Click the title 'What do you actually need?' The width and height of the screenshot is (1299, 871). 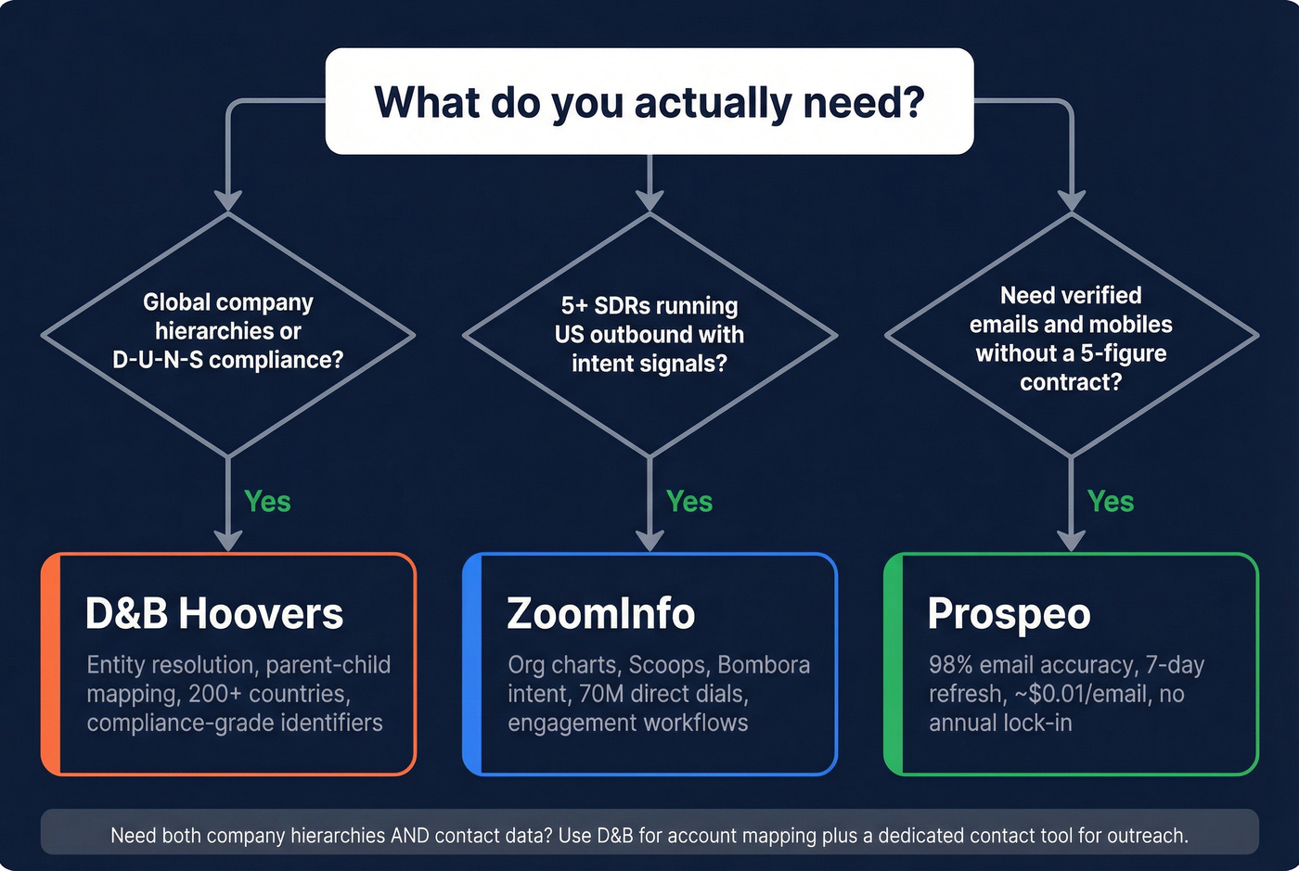pyautogui.click(x=649, y=102)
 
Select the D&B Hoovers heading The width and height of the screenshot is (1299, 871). pyautogui.click(x=214, y=614)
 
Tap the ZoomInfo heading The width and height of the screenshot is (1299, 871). pyautogui.click(x=600, y=614)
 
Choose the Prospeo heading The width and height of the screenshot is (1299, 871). pyautogui.click(x=1009, y=614)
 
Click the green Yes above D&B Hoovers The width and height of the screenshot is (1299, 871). pyautogui.click(x=267, y=502)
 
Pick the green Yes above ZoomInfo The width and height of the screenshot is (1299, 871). pyautogui.click(x=689, y=502)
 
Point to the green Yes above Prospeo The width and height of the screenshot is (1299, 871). pyautogui.click(x=1111, y=502)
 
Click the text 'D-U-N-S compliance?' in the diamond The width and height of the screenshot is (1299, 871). pyautogui.click(x=227, y=360)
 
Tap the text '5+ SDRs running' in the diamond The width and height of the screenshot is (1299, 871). pyautogui.click(x=649, y=306)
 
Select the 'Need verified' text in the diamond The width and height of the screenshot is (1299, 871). pyautogui.click(x=1071, y=296)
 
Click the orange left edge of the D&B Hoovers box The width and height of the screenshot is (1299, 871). pyautogui.click(x=51, y=664)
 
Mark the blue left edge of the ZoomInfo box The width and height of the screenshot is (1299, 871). pyautogui.click(x=472, y=664)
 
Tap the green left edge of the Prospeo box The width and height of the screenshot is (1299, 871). pyautogui.click(x=894, y=664)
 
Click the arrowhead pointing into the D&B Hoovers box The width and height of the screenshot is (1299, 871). pyautogui.click(x=228, y=541)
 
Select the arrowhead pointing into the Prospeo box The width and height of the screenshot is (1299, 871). pyautogui.click(x=1072, y=541)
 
